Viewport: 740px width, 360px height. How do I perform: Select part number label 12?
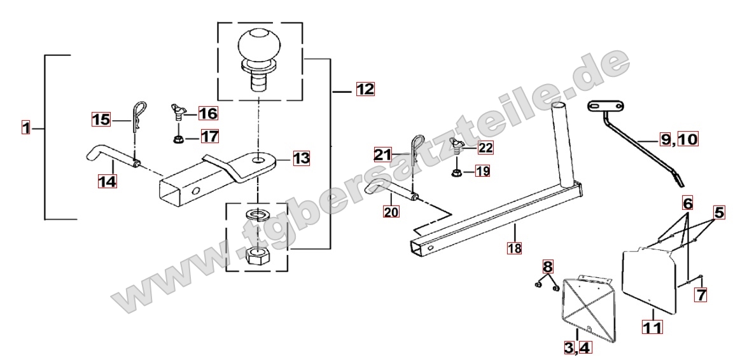[365, 88]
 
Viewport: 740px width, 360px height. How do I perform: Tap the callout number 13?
[301, 158]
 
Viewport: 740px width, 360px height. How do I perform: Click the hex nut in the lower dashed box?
[257, 256]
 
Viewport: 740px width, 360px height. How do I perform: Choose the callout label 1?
[25, 127]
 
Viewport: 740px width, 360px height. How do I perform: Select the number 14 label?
[107, 181]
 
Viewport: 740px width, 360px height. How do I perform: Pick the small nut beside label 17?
[179, 139]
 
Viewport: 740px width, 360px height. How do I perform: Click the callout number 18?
[514, 247]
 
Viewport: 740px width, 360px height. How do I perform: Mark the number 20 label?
[391, 212]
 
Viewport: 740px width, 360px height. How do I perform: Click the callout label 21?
[383, 155]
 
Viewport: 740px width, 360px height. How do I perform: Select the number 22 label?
[485, 148]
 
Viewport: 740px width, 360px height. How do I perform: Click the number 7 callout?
[701, 295]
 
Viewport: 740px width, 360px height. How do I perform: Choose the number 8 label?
[547, 267]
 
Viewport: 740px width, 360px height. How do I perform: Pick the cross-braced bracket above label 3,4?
[587, 307]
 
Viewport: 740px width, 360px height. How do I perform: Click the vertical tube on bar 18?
[564, 144]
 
